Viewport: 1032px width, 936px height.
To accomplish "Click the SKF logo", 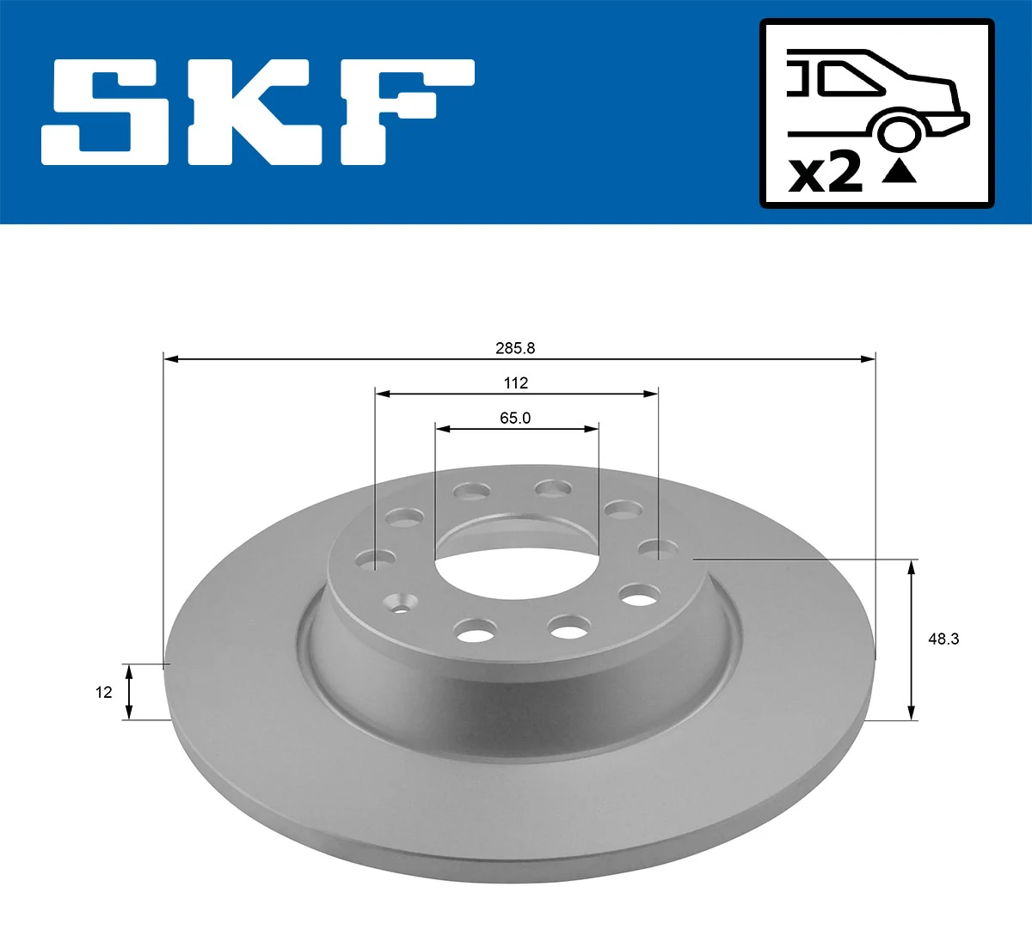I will tap(258, 112).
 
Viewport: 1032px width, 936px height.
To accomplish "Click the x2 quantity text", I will tap(825, 173).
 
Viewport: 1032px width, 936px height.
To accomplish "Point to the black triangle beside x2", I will tap(900, 172).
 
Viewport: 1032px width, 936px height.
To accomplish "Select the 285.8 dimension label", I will tap(514, 348).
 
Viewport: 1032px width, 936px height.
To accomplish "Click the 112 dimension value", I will tap(516, 383).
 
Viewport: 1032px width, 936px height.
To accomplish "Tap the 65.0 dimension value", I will tap(515, 419).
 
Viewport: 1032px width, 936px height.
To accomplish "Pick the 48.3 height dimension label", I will tap(943, 639).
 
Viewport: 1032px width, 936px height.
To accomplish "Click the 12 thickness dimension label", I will tap(104, 692).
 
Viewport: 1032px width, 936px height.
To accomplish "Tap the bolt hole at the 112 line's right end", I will tap(658, 548).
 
